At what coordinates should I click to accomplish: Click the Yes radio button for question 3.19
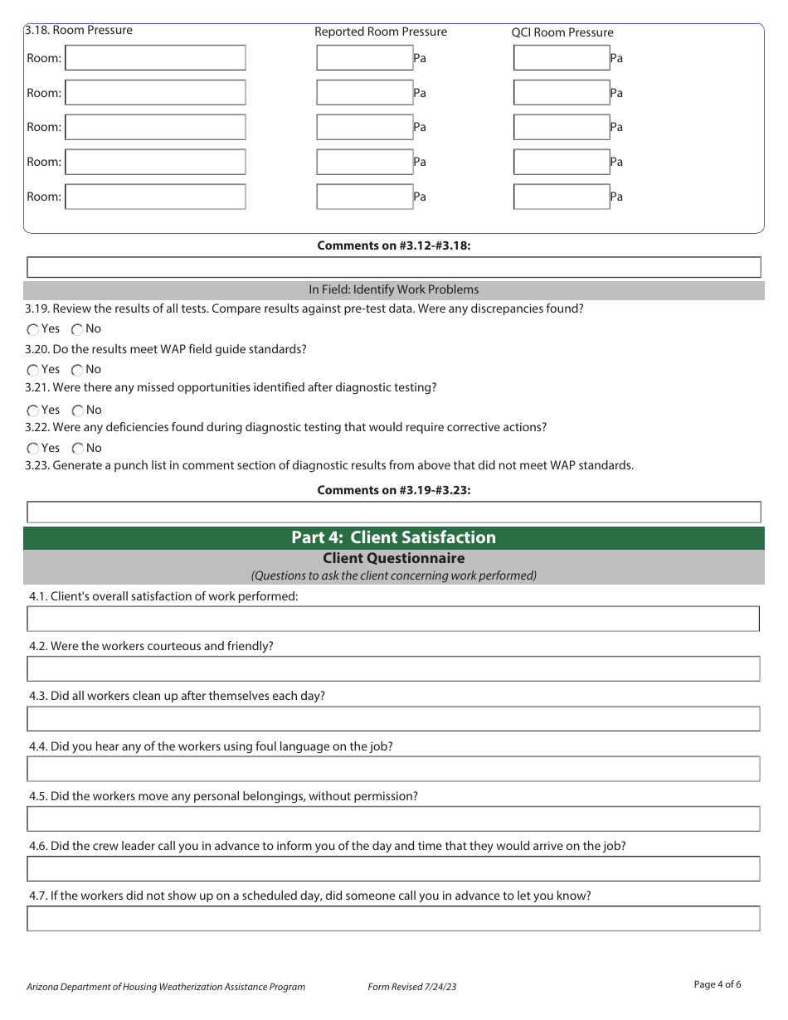33,330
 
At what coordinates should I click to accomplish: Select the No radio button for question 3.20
77,371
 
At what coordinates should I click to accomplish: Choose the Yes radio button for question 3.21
33,410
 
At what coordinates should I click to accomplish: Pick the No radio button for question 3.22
77,449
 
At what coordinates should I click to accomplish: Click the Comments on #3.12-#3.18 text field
393,267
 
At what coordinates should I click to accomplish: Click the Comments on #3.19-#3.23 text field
393,512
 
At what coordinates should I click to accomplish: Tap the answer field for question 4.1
393,619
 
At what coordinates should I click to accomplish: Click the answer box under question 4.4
393,769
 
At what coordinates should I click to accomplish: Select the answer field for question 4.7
393,918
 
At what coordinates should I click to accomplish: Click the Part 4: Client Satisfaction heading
393,537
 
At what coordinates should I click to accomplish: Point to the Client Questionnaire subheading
393,559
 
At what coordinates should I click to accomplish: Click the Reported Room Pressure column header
380,32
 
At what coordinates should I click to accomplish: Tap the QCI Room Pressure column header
562,33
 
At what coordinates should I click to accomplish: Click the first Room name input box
155,58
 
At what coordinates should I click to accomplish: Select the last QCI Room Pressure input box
562,197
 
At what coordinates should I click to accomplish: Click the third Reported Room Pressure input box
364,127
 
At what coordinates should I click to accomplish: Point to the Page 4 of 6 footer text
717,984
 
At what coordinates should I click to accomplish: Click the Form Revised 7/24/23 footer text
411,987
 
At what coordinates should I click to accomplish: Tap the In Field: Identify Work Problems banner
393,290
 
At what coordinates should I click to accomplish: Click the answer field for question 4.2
393,668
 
